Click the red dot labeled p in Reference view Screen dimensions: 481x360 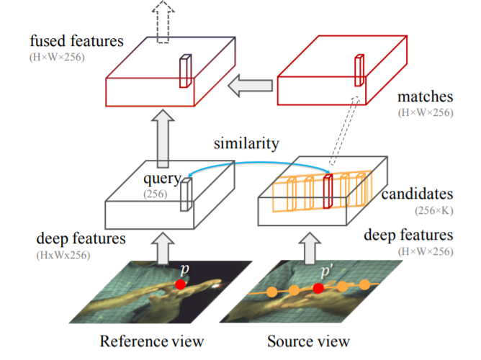180,284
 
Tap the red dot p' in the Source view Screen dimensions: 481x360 318,288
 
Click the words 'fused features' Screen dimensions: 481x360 77,41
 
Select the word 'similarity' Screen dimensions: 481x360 246,143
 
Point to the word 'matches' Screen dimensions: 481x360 425,97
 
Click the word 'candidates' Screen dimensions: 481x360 417,194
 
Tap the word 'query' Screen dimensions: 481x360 163,179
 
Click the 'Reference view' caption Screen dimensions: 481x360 152,341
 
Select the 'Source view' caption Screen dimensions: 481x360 308,341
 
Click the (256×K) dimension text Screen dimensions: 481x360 433,211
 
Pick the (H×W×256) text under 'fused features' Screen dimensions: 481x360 57,57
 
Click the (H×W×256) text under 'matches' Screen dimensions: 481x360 426,113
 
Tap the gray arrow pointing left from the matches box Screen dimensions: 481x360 250,86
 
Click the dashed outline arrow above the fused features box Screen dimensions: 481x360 163,22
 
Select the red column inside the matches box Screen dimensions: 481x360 359,71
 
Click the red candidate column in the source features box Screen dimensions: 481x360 328,192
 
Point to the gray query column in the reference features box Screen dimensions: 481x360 186,194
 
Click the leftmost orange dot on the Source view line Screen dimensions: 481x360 271,292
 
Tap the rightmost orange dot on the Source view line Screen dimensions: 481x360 364,284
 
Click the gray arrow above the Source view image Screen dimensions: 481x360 310,248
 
